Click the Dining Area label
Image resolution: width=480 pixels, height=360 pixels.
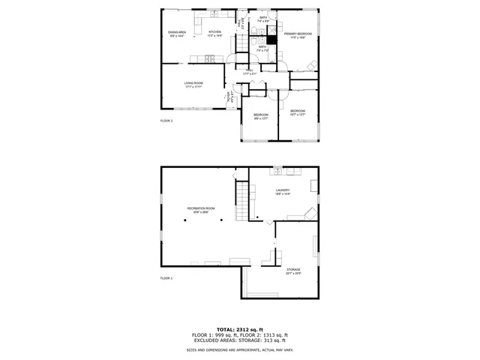pos(177,34)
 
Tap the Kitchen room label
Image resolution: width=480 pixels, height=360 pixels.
pos(215,34)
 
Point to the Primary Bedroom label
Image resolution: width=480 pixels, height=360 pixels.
pos(298,35)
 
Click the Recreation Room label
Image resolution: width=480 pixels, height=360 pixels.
pos(201,210)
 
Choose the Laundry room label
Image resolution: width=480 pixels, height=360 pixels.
pos(283,191)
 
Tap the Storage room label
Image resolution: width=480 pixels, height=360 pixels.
pos(293,271)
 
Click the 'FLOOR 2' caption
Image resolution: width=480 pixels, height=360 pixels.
pos(166,120)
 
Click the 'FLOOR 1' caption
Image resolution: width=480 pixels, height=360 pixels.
pos(166,277)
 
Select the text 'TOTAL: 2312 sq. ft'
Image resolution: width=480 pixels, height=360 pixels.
pos(240,329)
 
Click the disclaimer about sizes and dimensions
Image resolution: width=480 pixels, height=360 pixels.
pos(240,350)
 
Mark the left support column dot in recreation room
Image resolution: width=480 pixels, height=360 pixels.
pos(184,221)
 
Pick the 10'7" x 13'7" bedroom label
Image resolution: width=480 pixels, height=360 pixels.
pos(298,112)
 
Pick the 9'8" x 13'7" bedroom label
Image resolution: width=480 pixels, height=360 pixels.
pos(260,115)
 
